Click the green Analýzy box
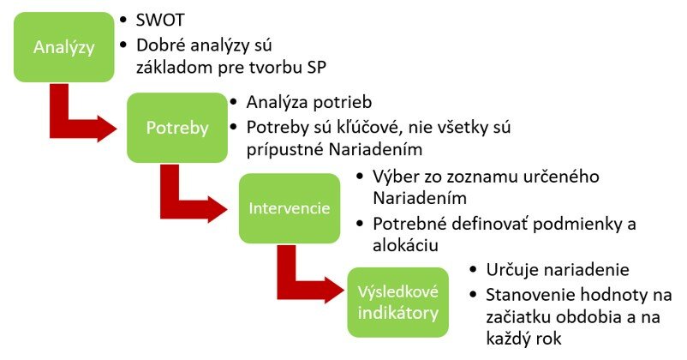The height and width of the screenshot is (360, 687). [x=64, y=47]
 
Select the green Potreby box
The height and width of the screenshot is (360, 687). [x=177, y=128]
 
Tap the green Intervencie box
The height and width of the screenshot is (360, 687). [x=290, y=208]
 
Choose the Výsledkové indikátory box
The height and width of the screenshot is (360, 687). [x=397, y=303]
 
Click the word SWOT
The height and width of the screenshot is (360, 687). [x=160, y=21]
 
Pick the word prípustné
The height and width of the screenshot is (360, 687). [x=284, y=150]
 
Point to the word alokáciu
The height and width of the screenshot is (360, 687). [x=405, y=245]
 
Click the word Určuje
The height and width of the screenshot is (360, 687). [x=516, y=270]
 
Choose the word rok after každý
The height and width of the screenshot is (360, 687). [x=547, y=339]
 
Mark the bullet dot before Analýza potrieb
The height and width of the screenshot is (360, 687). [x=234, y=102]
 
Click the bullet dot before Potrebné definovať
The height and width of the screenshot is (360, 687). [x=360, y=224]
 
